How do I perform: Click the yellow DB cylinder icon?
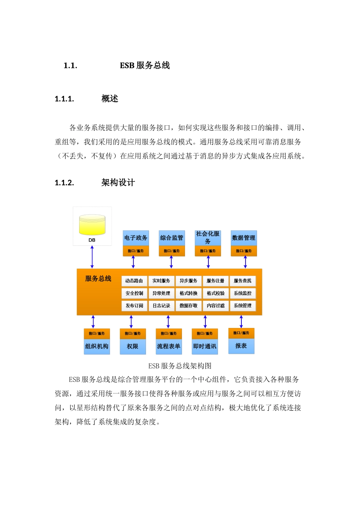(x=92, y=225)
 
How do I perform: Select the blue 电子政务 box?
(x=136, y=238)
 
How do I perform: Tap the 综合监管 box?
(x=172, y=238)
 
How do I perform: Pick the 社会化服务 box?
(x=208, y=237)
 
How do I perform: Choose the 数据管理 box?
(x=244, y=238)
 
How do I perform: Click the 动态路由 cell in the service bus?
(x=134, y=281)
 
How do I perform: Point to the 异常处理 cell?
(x=161, y=293)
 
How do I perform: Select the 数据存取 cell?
(x=188, y=306)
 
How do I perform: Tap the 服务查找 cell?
(x=243, y=281)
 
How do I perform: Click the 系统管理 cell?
(x=243, y=306)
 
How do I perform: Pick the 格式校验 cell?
(x=216, y=293)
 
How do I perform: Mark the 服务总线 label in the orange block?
(x=98, y=279)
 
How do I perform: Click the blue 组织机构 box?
(x=97, y=346)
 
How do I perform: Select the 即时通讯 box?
(x=205, y=346)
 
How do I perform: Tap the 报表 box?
(x=241, y=346)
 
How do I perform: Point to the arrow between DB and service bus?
(x=92, y=257)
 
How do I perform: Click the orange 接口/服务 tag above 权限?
(x=133, y=333)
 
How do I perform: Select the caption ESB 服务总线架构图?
(x=180, y=366)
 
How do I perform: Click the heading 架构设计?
(x=118, y=183)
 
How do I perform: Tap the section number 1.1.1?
(x=64, y=99)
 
